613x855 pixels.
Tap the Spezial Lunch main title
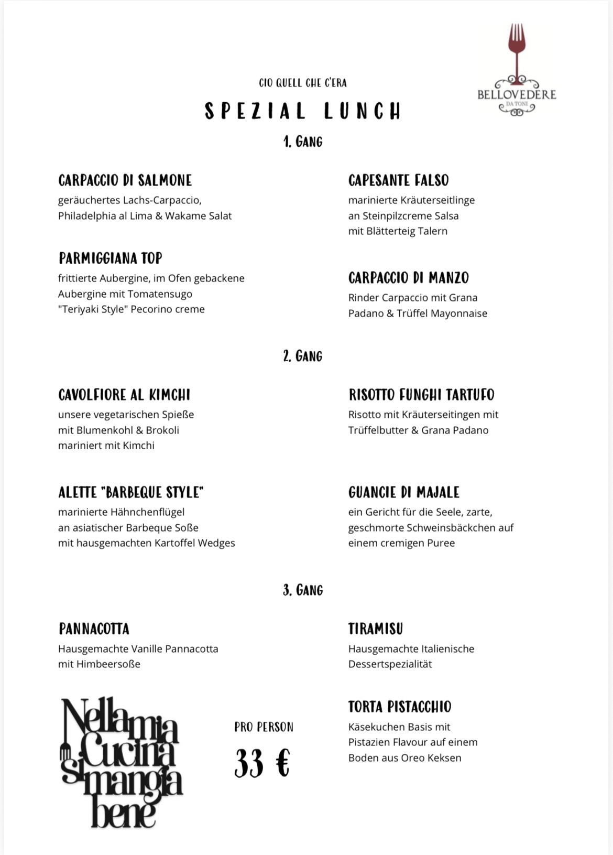(x=303, y=111)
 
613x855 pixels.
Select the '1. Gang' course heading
(x=303, y=142)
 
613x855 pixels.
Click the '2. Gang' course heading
(x=303, y=356)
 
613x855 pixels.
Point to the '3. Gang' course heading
(x=303, y=590)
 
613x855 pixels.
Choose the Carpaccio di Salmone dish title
(x=125, y=180)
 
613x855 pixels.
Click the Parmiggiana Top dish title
(x=111, y=258)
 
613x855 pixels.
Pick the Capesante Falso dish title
(x=398, y=180)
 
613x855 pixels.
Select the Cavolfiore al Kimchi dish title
(x=124, y=395)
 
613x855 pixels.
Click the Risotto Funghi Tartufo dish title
(x=421, y=395)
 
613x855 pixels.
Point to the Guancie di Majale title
(x=403, y=492)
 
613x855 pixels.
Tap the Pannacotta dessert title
(x=94, y=629)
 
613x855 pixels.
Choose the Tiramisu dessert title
(x=375, y=629)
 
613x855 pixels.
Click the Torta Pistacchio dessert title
(x=399, y=707)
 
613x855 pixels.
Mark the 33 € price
(x=262, y=763)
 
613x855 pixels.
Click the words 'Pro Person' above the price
(x=264, y=727)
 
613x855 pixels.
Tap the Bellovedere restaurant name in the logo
(x=517, y=95)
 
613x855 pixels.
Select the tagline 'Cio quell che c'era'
(x=303, y=83)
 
